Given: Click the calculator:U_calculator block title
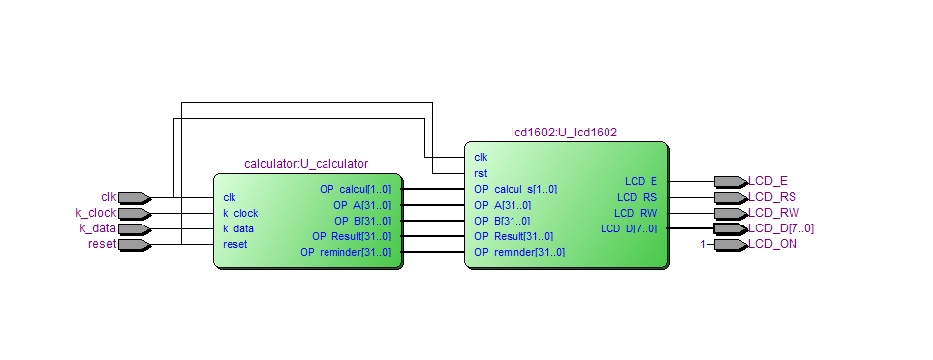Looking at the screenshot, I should click(306, 163).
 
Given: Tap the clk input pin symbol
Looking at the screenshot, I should click(133, 197).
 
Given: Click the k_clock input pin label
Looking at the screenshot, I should click(96, 213).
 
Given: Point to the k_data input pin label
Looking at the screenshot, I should click(98, 228).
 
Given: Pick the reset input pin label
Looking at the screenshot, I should click(102, 244).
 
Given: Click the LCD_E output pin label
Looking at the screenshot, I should click(768, 181).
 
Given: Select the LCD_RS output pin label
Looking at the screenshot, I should click(772, 197).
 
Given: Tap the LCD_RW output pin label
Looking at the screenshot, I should click(773, 213).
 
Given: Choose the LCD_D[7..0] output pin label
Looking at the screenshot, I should click(781, 228).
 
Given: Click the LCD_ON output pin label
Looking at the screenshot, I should click(773, 244).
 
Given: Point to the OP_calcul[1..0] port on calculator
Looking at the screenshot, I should click(354, 189).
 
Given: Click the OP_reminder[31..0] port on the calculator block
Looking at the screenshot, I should click(345, 252).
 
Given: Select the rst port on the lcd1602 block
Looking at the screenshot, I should click(481, 173).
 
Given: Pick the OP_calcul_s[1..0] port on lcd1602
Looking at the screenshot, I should click(514, 189).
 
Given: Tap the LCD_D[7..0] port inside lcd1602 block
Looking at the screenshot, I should click(628, 228).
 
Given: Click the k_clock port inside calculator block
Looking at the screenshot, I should click(240, 213).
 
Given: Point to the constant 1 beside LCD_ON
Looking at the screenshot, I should click(703, 244).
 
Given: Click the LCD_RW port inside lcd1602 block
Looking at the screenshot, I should click(635, 213).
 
